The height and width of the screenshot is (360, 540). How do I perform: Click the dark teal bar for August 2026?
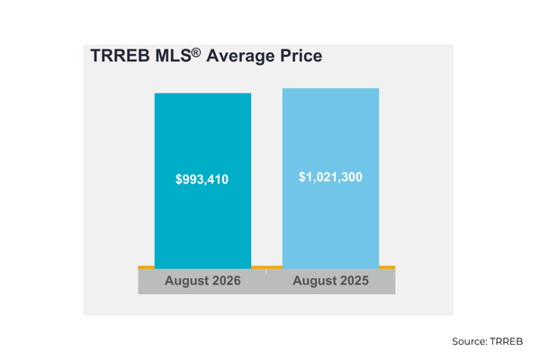pyautogui.click(x=202, y=181)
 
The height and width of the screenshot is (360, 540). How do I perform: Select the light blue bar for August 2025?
pyautogui.click(x=330, y=178)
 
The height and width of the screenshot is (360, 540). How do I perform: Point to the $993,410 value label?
pyautogui.click(x=202, y=179)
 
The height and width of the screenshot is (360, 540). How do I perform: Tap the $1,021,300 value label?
pyautogui.click(x=330, y=177)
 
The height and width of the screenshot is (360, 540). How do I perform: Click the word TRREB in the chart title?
pyautogui.click(x=121, y=56)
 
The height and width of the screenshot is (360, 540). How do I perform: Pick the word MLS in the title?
pyautogui.click(x=173, y=56)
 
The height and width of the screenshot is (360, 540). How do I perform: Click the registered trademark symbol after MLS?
pyautogui.click(x=196, y=52)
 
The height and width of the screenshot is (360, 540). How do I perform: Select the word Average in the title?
pyautogui.click(x=240, y=56)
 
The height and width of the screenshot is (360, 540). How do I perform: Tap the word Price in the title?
pyautogui.click(x=301, y=56)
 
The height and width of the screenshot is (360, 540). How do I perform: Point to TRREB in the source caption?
pyautogui.click(x=506, y=341)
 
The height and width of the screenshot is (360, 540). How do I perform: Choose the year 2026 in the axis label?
pyautogui.click(x=226, y=281)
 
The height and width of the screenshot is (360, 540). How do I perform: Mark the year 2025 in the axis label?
pyautogui.click(x=354, y=281)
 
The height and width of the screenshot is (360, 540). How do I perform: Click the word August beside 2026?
pyautogui.click(x=186, y=282)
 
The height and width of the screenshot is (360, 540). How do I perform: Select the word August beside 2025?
pyautogui.click(x=314, y=282)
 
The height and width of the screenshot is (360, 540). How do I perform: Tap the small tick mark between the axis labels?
pyautogui.click(x=266, y=272)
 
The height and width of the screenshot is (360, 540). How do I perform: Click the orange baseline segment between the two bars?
pyautogui.click(x=267, y=267)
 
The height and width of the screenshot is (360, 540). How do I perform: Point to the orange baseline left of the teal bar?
pyautogui.click(x=147, y=267)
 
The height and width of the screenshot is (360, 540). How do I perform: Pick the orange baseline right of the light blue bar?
pyautogui.click(x=387, y=267)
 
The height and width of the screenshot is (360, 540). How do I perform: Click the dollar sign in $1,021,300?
pyautogui.click(x=302, y=177)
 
